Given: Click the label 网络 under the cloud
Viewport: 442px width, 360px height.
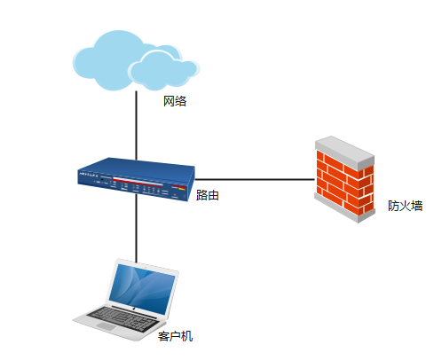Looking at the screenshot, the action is point(175,101).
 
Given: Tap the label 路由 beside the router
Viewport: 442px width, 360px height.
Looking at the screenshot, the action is point(208,195).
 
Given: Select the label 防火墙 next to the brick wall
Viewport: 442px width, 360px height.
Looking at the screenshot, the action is point(405,206).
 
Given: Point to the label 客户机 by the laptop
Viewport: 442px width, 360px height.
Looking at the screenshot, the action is point(175,336).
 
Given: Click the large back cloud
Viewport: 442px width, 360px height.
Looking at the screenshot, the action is point(113,59).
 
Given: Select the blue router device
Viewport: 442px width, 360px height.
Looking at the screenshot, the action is point(136,179).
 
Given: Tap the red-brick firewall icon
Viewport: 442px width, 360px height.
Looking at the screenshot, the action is point(344,179).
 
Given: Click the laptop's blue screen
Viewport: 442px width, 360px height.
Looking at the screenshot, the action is point(142,288).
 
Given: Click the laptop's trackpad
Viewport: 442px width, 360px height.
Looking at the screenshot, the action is point(106,326).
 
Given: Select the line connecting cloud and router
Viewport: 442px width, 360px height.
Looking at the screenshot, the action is point(136,125).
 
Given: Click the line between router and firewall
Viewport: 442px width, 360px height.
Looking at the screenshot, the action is point(255,179).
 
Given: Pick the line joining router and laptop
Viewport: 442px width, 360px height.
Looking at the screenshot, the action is point(137,229).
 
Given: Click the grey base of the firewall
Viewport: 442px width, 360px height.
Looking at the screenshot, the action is point(344,208).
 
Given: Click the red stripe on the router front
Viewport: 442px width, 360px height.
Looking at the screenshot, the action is point(138,181).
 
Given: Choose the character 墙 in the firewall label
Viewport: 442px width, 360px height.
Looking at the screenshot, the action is point(417,206).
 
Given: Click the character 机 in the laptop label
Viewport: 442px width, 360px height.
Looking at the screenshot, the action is point(187,336).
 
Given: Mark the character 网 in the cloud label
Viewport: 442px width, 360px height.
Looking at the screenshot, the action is point(169,101).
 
